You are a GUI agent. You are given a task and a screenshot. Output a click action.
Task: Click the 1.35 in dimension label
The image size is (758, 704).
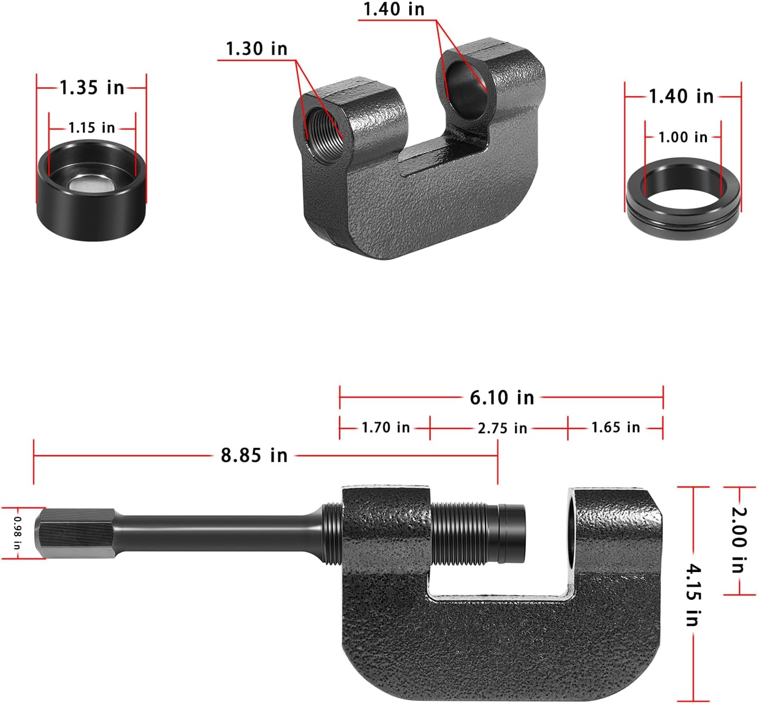click(x=92, y=87)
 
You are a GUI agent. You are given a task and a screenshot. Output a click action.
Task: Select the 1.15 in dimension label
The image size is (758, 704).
click(x=92, y=128)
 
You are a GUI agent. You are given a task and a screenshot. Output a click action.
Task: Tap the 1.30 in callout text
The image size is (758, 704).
click(x=257, y=49)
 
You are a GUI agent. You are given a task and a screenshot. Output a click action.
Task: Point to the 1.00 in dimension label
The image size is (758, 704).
click(x=683, y=137)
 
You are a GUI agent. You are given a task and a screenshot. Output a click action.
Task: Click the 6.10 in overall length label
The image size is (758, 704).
click(x=501, y=397)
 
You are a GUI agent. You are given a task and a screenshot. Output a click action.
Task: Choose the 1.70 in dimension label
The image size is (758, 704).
click(x=385, y=427)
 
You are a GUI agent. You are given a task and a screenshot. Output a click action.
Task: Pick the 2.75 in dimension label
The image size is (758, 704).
click(x=502, y=428)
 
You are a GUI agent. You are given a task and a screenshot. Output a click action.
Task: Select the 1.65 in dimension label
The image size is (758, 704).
click(x=615, y=427)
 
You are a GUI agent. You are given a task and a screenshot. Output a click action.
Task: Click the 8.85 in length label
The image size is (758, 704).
click(x=254, y=455)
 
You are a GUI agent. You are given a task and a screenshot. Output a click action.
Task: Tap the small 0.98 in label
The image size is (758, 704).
click(x=17, y=533)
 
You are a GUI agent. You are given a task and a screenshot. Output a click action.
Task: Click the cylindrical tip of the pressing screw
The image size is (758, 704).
click(x=511, y=532)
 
